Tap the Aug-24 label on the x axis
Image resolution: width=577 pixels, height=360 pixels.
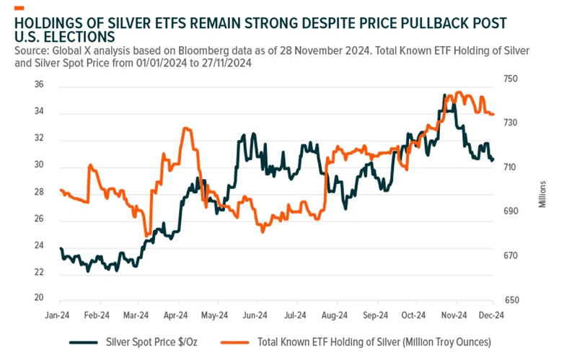(x=335, y=315)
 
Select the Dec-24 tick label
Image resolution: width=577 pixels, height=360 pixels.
(x=493, y=315)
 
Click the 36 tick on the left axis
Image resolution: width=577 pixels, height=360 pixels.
(x=39, y=85)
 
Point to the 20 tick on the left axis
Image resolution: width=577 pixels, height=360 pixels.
(x=39, y=298)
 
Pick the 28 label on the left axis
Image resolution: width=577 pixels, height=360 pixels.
(x=39, y=192)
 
